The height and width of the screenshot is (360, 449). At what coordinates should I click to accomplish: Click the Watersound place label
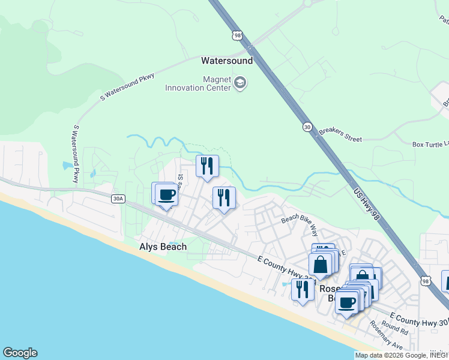click(x=226, y=61)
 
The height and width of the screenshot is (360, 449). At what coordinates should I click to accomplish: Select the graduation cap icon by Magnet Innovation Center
click(x=240, y=83)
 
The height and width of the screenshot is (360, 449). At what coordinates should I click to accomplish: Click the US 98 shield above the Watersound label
click(x=238, y=37)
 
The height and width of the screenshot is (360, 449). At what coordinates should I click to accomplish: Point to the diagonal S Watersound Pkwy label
click(x=127, y=86)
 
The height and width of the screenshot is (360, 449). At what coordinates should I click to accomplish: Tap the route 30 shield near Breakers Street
click(x=307, y=127)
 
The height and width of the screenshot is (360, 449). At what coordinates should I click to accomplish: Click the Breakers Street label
click(x=340, y=134)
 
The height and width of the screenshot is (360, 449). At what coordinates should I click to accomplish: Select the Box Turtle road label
click(x=430, y=144)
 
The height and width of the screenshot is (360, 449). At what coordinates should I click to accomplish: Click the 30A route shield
click(x=118, y=199)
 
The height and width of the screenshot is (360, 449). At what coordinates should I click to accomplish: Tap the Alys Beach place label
click(x=163, y=247)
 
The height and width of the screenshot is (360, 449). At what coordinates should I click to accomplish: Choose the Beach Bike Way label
click(x=300, y=226)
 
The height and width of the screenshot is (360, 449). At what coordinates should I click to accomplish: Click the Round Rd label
click(x=394, y=328)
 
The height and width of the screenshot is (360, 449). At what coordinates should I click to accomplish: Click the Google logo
click(x=20, y=353)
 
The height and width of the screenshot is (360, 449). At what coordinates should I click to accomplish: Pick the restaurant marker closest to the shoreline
click(x=302, y=290)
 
